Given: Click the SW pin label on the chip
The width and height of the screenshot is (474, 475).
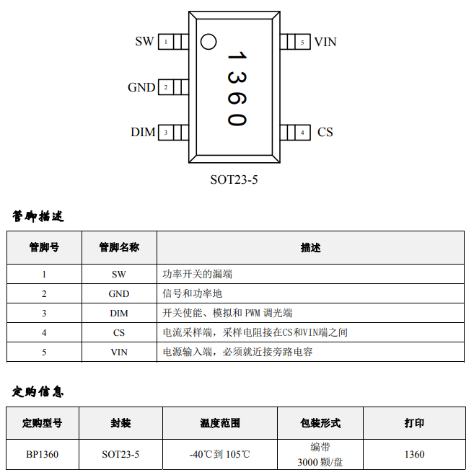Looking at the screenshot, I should pyautogui.click(x=144, y=42).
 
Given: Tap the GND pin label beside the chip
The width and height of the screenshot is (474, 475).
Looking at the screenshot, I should pyautogui.click(x=141, y=87).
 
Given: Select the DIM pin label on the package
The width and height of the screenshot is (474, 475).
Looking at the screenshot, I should pyautogui.click(x=143, y=132).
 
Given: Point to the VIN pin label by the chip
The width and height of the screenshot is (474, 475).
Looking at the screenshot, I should pyautogui.click(x=325, y=42).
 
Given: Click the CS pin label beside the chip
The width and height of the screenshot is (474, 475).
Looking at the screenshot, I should pyautogui.click(x=325, y=132).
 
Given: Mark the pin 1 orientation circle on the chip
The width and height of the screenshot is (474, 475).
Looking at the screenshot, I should pyautogui.click(x=208, y=42).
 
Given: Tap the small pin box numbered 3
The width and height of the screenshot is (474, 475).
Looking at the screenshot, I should pyautogui.click(x=166, y=132).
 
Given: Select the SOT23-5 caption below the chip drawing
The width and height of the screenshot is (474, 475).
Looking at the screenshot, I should pyautogui.click(x=234, y=179).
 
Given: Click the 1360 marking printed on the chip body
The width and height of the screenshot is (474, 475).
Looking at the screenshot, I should pyautogui.click(x=237, y=88).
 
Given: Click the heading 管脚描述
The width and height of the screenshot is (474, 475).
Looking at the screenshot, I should pyautogui.click(x=38, y=216).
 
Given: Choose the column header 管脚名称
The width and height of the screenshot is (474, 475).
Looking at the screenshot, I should pyautogui.click(x=118, y=247).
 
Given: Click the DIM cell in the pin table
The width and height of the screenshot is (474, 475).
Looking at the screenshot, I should pyautogui.click(x=118, y=313).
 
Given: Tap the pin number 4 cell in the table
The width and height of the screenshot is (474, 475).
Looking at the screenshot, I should pyautogui.click(x=44, y=332).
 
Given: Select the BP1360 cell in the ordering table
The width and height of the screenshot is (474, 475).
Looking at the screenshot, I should pyautogui.click(x=42, y=454).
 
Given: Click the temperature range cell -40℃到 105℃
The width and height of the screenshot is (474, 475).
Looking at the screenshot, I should pyautogui.click(x=219, y=454).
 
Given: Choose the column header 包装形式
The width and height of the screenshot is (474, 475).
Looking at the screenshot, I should pyautogui.click(x=320, y=423).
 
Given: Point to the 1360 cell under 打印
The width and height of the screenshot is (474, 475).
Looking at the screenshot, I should pyautogui.click(x=414, y=454).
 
